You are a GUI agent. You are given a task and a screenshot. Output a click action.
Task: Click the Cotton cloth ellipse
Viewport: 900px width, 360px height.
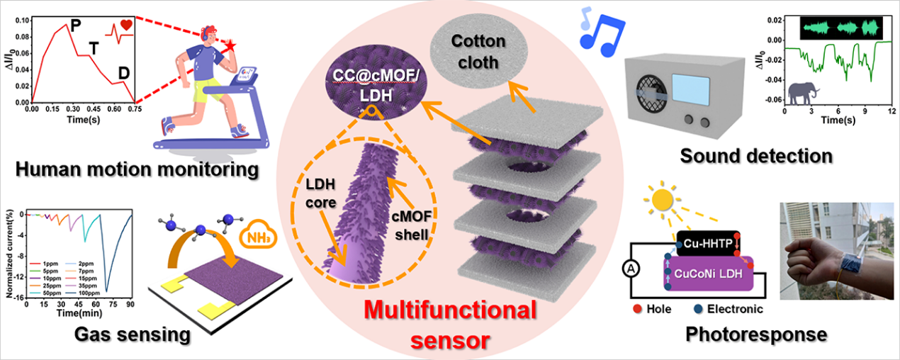479,51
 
